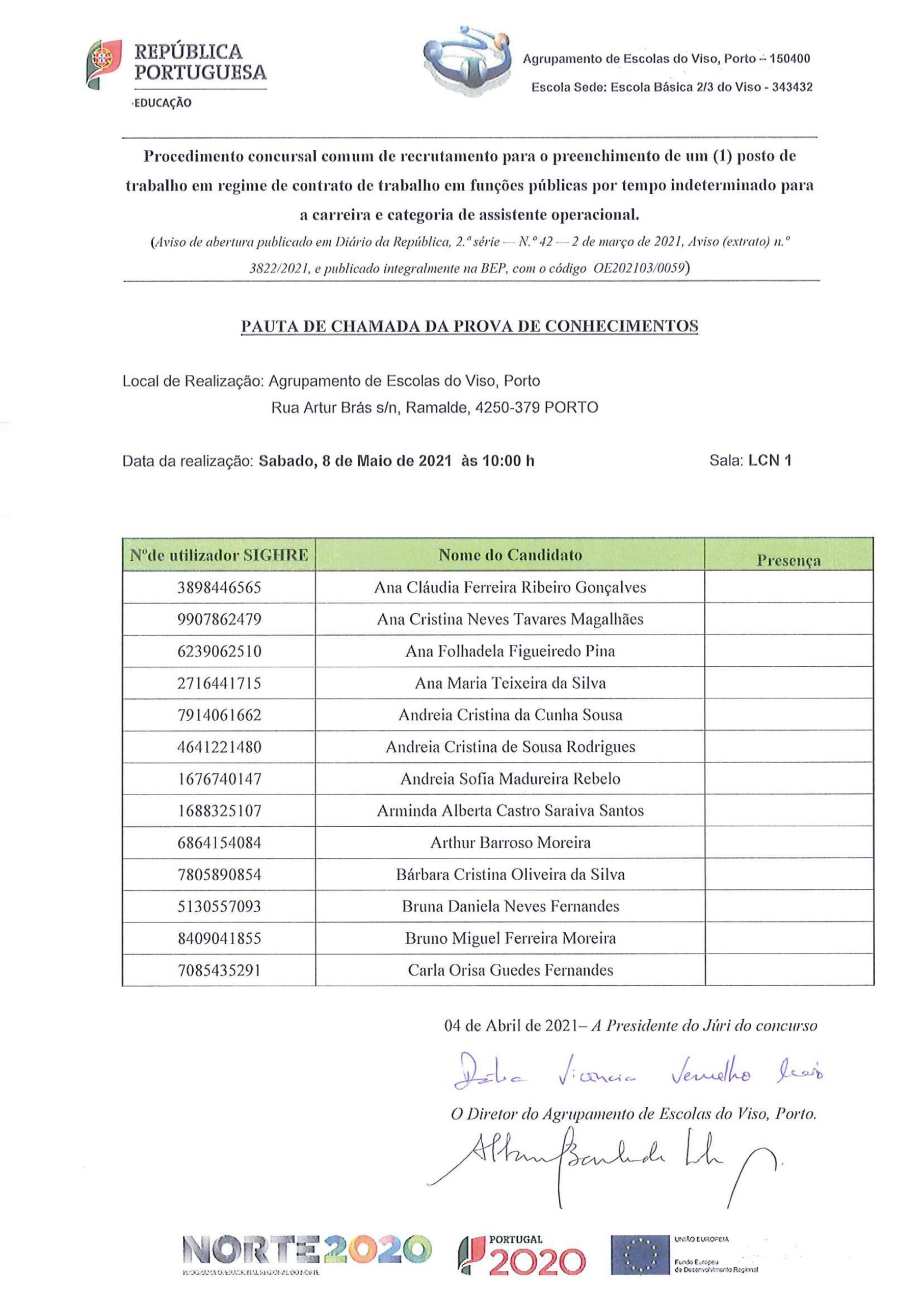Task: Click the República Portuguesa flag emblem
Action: pyautogui.click(x=103, y=64)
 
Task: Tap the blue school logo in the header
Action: pyautogui.click(x=465, y=63)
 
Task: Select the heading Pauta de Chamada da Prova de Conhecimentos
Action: pyautogui.click(x=469, y=327)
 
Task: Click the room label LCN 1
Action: pyautogui.click(x=770, y=460)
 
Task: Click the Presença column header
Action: pyautogui.click(x=788, y=560)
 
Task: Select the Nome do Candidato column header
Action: pyautogui.click(x=510, y=555)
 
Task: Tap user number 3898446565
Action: pyautogui.click(x=219, y=587)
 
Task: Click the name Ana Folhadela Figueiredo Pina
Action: pyautogui.click(x=510, y=651)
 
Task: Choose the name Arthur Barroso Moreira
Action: pyautogui.click(x=510, y=843)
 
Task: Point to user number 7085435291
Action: pyautogui.click(x=219, y=970)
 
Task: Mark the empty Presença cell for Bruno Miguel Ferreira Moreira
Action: pyautogui.click(x=789, y=938)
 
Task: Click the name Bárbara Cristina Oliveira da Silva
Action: pyautogui.click(x=510, y=874)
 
